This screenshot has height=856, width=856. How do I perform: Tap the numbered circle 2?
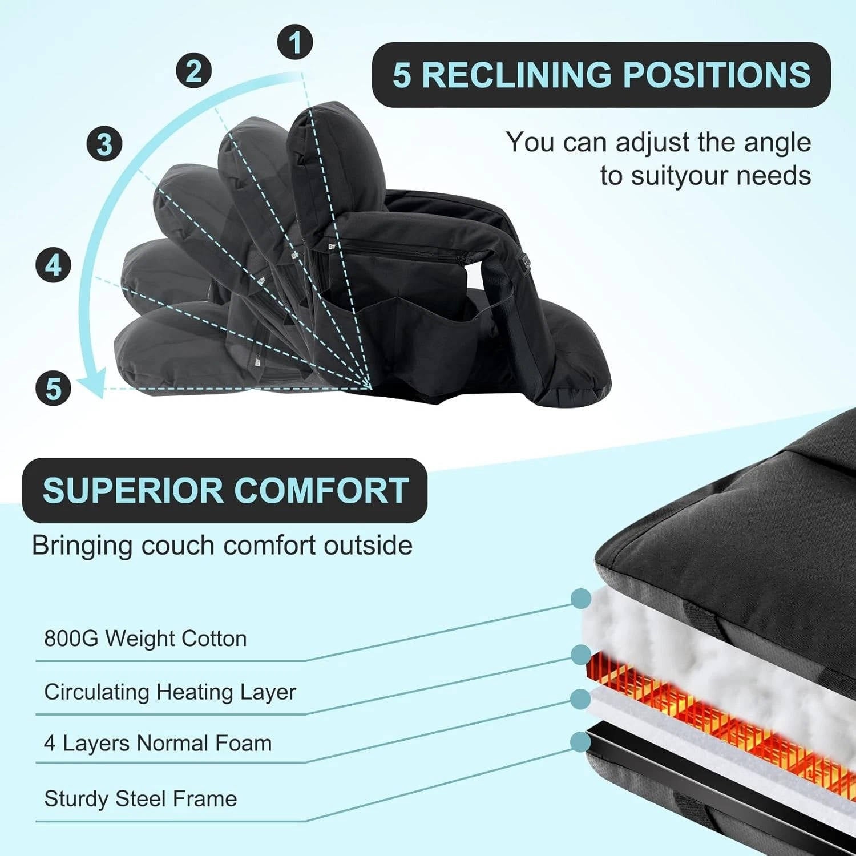[x=193, y=71]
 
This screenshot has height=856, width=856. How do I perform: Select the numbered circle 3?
[x=104, y=143]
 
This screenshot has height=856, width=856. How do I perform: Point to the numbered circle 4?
[x=53, y=265]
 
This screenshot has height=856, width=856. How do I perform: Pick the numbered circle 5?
[x=53, y=389]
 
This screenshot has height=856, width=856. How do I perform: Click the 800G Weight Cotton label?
[x=146, y=639]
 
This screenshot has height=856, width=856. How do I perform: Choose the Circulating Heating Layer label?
[x=170, y=692]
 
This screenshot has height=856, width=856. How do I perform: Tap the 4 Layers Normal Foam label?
[x=158, y=744]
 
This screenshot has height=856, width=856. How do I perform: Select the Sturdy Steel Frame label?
[x=140, y=798]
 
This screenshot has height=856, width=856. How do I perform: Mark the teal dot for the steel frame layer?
[x=580, y=742]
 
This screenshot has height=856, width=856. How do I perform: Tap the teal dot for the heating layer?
[x=580, y=655]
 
